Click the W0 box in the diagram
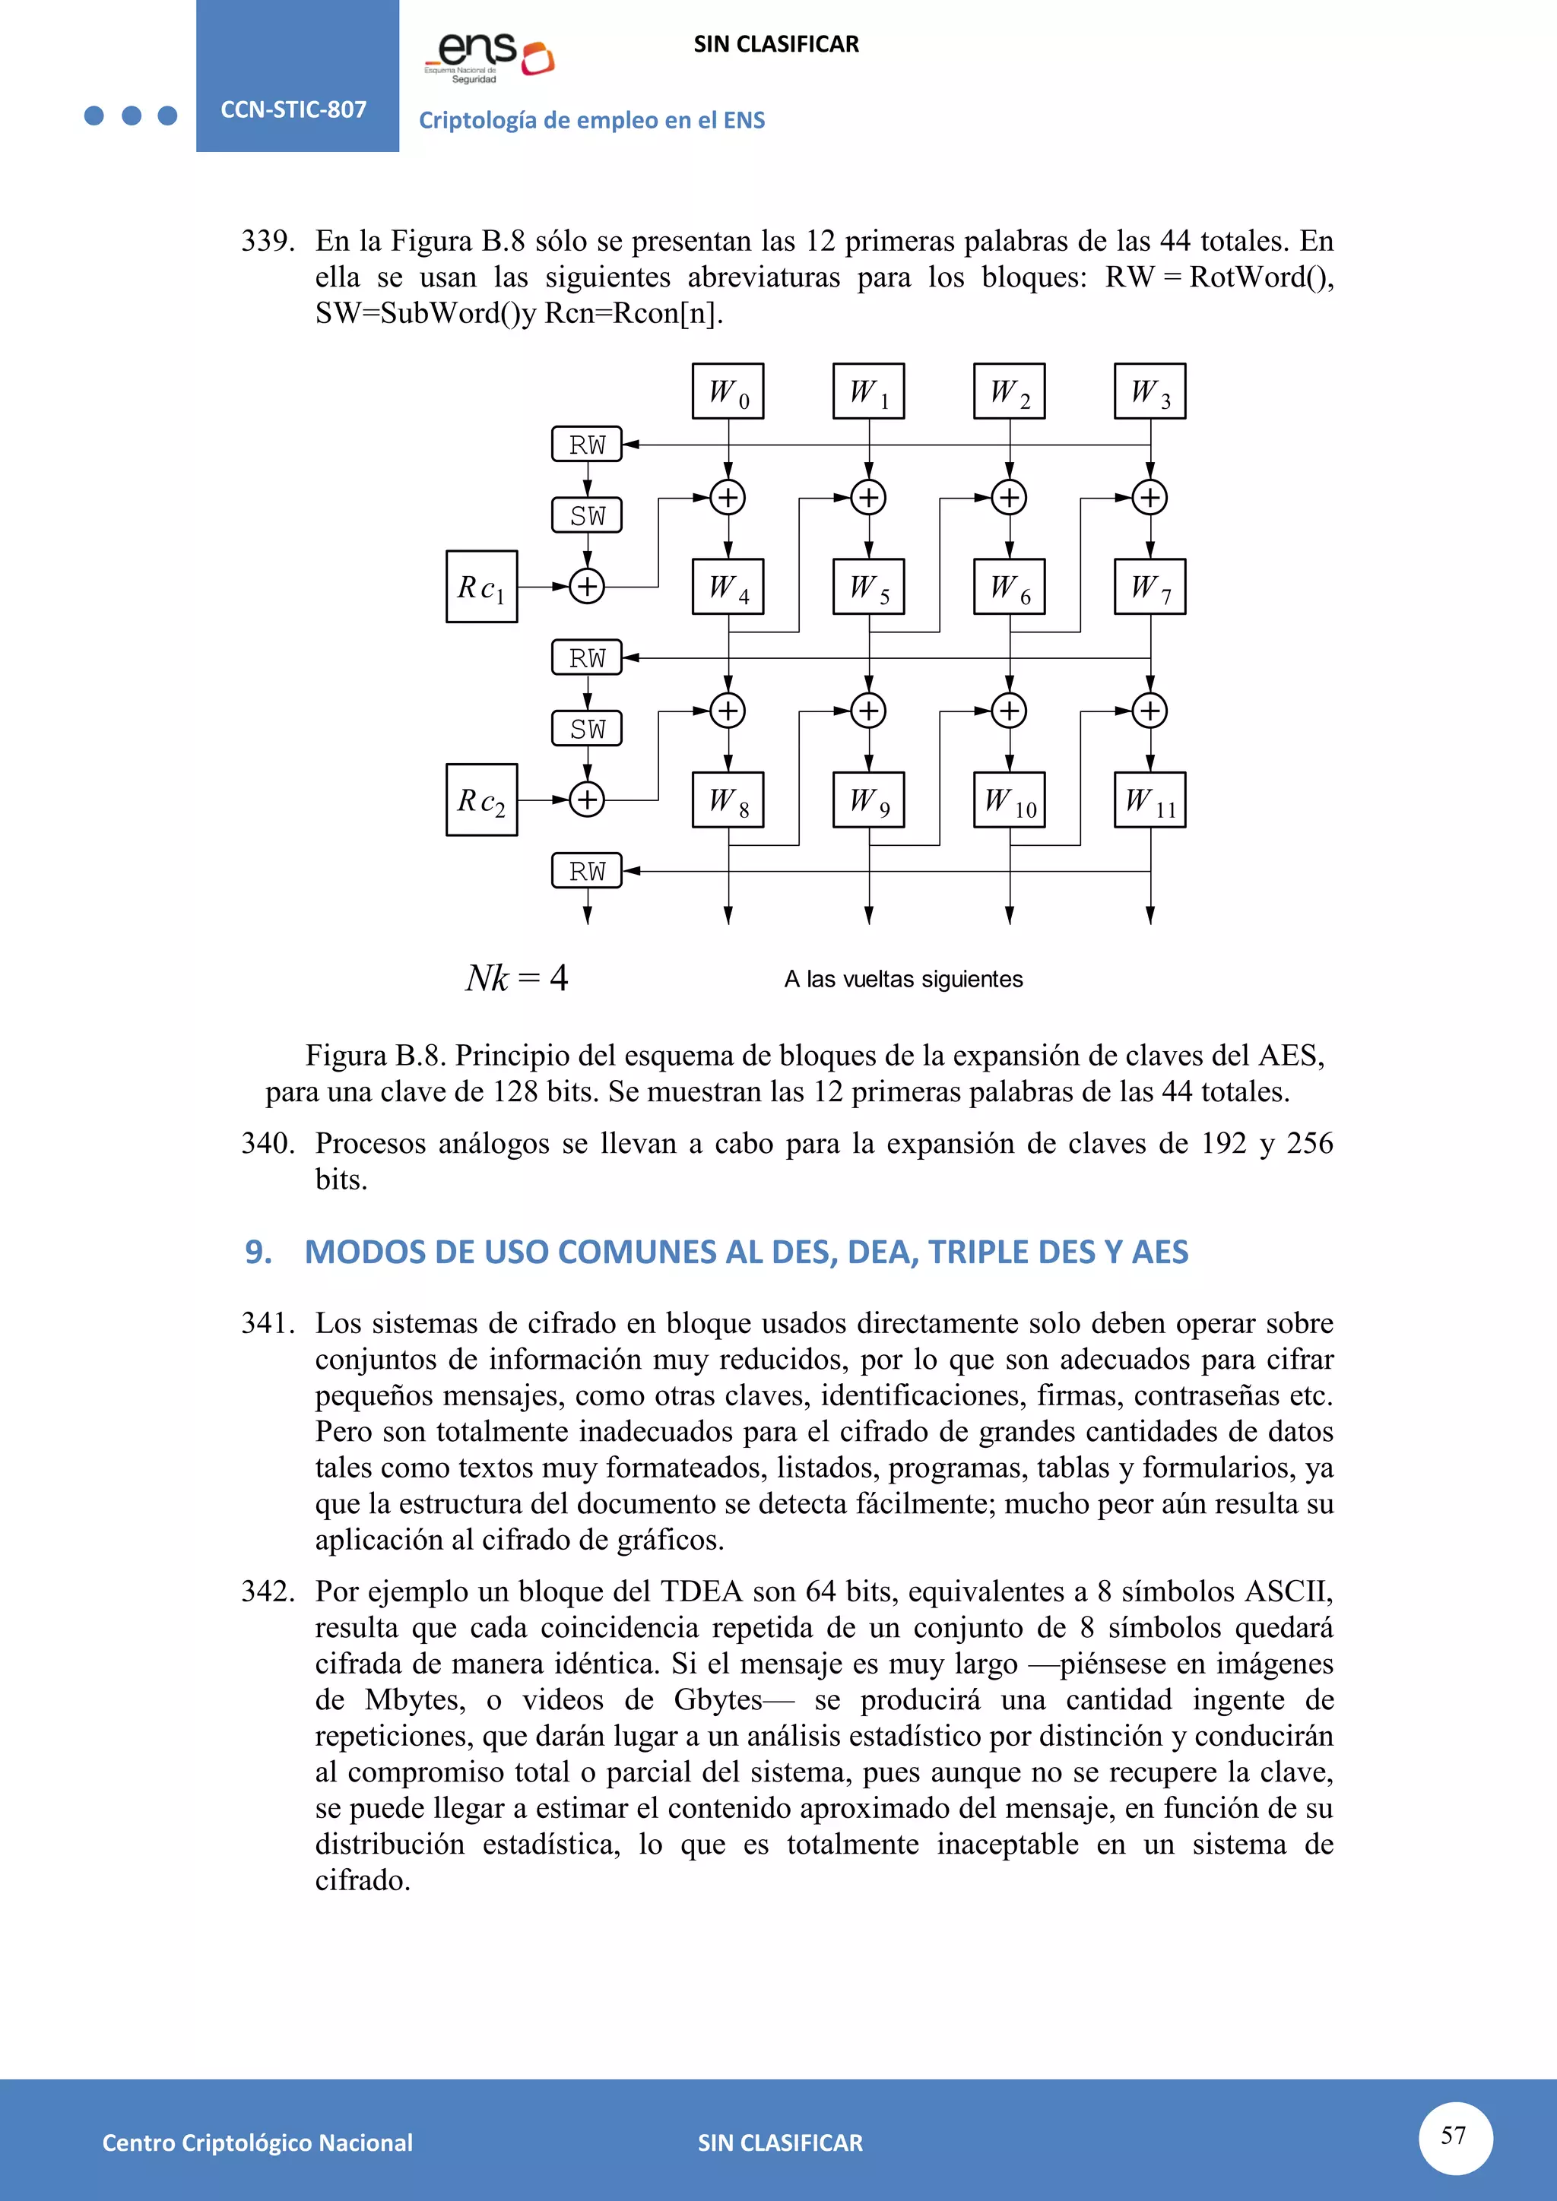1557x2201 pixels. tap(728, 391)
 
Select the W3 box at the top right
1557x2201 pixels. tap(1150, 391)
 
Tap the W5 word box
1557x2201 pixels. tap(869, 587)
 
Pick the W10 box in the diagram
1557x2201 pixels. tap(1010, 800)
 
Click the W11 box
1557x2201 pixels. tap(1150, 800)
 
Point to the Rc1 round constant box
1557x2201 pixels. tap(481, 587)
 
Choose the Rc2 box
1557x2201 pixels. tap(481, 800)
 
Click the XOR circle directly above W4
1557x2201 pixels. tap(728, 498)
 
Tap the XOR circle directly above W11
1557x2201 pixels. tap(1150, 711)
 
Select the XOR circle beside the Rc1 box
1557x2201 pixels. tap(587, 586)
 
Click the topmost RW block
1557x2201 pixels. tap(587, 445)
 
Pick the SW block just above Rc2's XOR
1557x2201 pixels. tap(587, 729)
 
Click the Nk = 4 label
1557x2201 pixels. tap(517, 978)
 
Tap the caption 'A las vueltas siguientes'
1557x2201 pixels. tap(903, 979)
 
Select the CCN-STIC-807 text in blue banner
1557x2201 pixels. tap(293, 109)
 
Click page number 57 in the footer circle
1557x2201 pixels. tap(1454, 2135)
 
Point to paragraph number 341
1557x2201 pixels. tap(268, 1323)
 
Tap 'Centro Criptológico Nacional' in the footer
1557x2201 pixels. tap(257, 2142)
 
